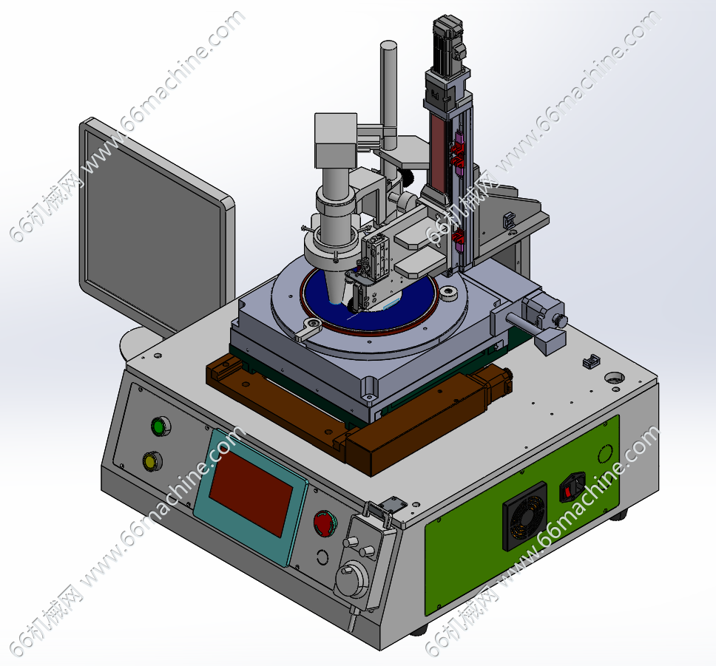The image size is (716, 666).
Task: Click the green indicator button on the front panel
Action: point(161,427)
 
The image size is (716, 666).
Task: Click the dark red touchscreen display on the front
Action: point(251,494)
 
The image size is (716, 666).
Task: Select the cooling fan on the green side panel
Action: point(524,516)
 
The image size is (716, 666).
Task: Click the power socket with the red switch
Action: point(573,487)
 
